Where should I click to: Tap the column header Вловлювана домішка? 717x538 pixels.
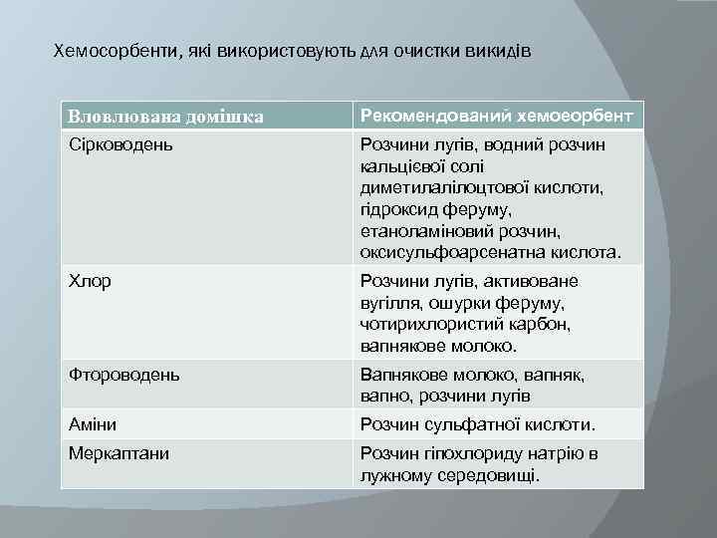point(166,118)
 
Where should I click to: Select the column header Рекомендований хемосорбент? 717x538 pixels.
point(496,116)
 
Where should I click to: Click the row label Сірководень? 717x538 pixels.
point(120,145)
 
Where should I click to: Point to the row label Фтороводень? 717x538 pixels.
point(124,375)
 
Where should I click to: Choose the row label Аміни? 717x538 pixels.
point(93,424)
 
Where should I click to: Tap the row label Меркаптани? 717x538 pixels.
point(119,453)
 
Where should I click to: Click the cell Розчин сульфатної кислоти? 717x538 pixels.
point(477,425)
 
